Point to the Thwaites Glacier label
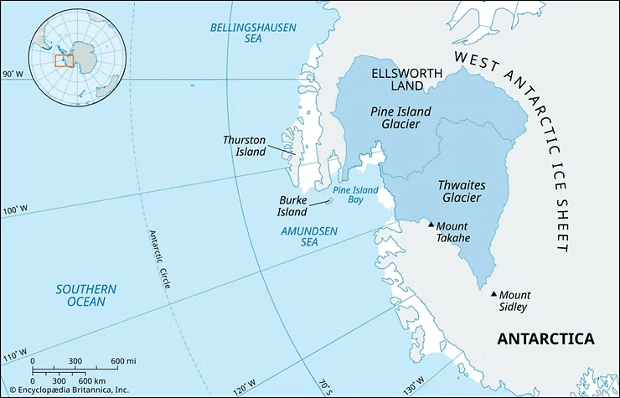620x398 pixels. coord(462,191)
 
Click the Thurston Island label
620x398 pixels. coord(245,146)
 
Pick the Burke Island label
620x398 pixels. coord(292,206)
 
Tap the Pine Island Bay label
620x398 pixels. coord(356,195)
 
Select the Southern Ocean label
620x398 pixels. coord(86,295)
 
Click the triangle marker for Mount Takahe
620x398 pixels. coord(431,225)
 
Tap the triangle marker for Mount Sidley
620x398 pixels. coord(493,294)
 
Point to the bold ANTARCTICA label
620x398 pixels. coord(545,339)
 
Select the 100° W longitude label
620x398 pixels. coord(14,210)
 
